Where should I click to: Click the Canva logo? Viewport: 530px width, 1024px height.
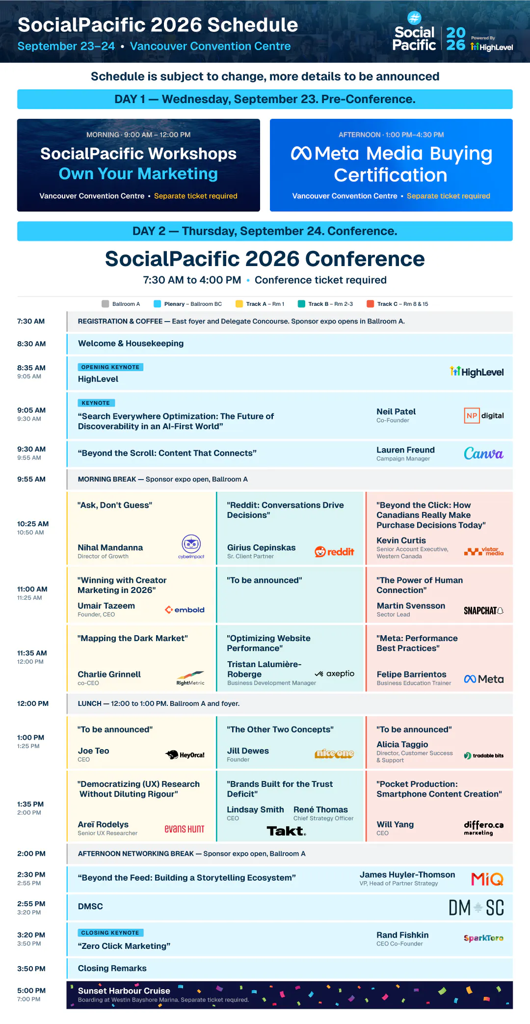pos(483,454)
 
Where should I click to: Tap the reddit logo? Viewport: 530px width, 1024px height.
pos(334,552)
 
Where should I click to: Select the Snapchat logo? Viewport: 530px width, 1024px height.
pos(483,611)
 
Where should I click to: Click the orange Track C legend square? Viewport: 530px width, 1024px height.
pos(371,304)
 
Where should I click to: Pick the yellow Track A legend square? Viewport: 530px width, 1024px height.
pos(239,304)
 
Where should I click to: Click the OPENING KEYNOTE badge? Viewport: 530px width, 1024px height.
pos(110,367)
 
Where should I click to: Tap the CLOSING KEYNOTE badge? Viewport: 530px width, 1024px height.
pos(110,933)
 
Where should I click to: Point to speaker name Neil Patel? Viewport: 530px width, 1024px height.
pos(396,411)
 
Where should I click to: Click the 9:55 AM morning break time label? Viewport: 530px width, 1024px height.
pos(31,479)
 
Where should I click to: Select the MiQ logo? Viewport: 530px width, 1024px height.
pos(487,879)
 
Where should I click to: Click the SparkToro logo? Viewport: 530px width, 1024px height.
pos(483,938)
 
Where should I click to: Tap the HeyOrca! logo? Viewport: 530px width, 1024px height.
pos(185,755)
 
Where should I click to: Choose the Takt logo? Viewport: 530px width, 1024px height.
pos(286,831)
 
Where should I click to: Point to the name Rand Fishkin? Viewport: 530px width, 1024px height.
pos(402,935)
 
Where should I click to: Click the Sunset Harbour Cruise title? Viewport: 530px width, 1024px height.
pos(124,991)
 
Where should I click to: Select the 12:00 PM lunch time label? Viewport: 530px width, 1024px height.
pos(33,703)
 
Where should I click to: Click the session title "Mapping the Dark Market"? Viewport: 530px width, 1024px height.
pos(132,638)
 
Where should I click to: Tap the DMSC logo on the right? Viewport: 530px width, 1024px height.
pos(477,908)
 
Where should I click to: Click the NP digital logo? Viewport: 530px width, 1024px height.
pos(484,416)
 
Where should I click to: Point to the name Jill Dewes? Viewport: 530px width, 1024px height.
pos(248,751)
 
